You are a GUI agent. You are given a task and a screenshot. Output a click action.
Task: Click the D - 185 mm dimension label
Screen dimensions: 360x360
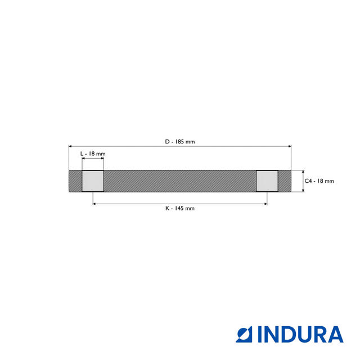(180, 142)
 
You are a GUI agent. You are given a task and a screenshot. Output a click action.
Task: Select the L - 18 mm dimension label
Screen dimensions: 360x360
(93, 154)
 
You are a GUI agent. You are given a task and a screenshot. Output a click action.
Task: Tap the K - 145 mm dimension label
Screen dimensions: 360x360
(180, 208)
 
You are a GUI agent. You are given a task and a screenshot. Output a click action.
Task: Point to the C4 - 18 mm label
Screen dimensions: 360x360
(319, 181)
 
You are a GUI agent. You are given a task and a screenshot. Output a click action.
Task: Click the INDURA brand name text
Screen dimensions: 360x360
(300, 334)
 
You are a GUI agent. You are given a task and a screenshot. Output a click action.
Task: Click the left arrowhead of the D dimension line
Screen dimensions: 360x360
(70, 146)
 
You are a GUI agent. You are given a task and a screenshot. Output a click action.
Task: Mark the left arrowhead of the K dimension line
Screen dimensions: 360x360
(94, 203)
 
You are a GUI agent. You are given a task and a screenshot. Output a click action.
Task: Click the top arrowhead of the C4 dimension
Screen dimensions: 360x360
(303, 172)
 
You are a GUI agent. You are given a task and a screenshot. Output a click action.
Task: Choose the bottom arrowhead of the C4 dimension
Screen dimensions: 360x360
(303, 190)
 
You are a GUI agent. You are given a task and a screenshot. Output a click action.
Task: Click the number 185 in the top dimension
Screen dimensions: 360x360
(182, 142)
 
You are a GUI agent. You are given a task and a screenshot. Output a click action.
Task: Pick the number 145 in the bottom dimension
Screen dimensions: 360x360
(179, 208)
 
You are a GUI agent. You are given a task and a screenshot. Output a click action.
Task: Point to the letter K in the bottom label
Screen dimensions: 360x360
(167, 208)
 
